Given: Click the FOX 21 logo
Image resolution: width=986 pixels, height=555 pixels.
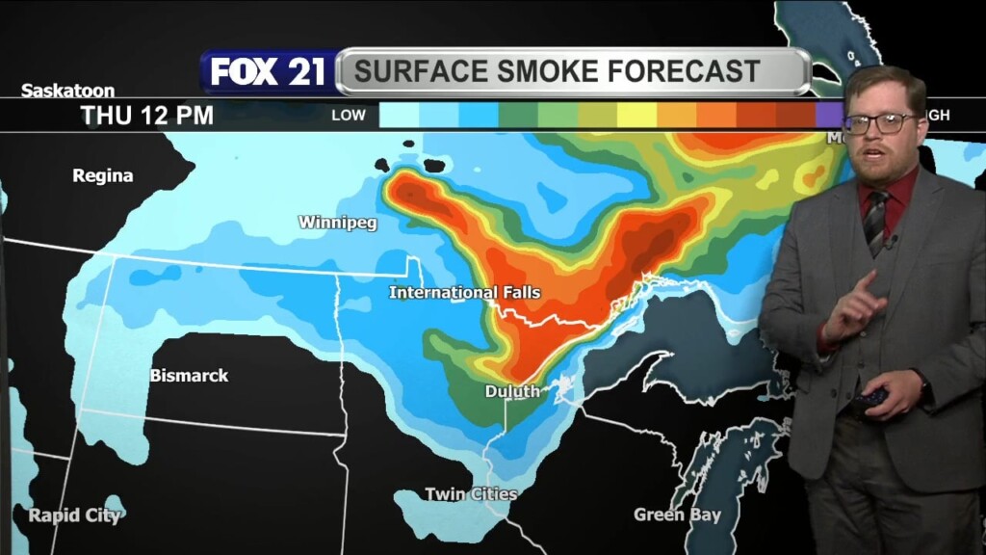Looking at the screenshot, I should [269, 72].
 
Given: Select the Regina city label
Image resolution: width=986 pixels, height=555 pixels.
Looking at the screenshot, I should [103, 175].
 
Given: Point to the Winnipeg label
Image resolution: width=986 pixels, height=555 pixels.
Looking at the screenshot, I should [337, 223].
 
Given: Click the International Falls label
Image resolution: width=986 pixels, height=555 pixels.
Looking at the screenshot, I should [464, 292].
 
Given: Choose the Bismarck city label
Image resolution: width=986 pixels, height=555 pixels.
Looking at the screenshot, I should [189, 375].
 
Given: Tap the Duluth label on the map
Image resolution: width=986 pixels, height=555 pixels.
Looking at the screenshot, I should [511, 391].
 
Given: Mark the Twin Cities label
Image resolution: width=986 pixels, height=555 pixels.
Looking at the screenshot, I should [471, 494].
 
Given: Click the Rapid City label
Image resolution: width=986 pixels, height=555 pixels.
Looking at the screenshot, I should [74, 515].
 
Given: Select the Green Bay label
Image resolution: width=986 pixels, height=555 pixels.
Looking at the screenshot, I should [677, 515].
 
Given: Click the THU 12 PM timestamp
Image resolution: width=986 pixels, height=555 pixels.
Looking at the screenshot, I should [146, 116].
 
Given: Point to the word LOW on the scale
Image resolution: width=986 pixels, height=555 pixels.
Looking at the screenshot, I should [349, 116].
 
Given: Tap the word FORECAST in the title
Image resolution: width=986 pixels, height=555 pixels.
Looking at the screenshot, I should [684, 71].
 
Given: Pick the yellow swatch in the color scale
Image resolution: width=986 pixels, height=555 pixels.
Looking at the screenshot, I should [636, 116].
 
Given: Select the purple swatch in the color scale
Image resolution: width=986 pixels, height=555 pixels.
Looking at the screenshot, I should [829, 116].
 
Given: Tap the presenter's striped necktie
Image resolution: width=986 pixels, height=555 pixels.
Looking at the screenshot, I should [874, 220].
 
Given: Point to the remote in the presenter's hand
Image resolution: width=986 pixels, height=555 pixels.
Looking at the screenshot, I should [873, 396].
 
